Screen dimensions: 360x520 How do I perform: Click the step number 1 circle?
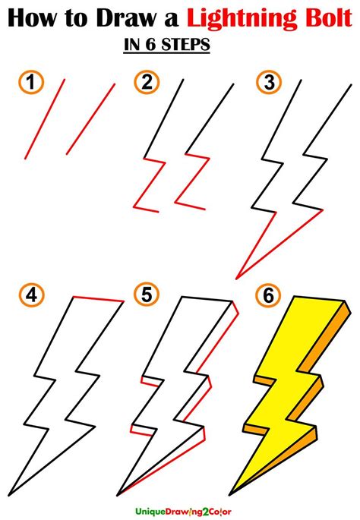coord(31,82)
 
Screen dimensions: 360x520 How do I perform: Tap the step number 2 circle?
coord(147,82)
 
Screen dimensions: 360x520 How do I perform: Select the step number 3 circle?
coord(269,82)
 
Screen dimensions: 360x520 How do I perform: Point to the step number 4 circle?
coord(31,295)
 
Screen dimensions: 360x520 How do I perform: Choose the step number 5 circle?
coord(147,295)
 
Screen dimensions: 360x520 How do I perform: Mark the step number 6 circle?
coord(268,295)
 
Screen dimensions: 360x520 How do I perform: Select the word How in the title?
coord(32,17)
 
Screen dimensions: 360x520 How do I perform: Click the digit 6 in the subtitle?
coord(150,45)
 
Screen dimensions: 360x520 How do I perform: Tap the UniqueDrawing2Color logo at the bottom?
coord(184,512)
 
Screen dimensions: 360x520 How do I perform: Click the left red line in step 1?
coord(45,118)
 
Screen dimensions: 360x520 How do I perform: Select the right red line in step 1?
coord(90,118)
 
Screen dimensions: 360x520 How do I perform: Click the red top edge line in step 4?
coord(98,299)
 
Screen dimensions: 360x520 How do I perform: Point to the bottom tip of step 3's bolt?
coord(236,279)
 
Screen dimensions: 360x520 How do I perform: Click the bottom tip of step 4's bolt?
coord(9,496)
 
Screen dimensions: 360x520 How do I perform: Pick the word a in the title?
coord(171,20)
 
